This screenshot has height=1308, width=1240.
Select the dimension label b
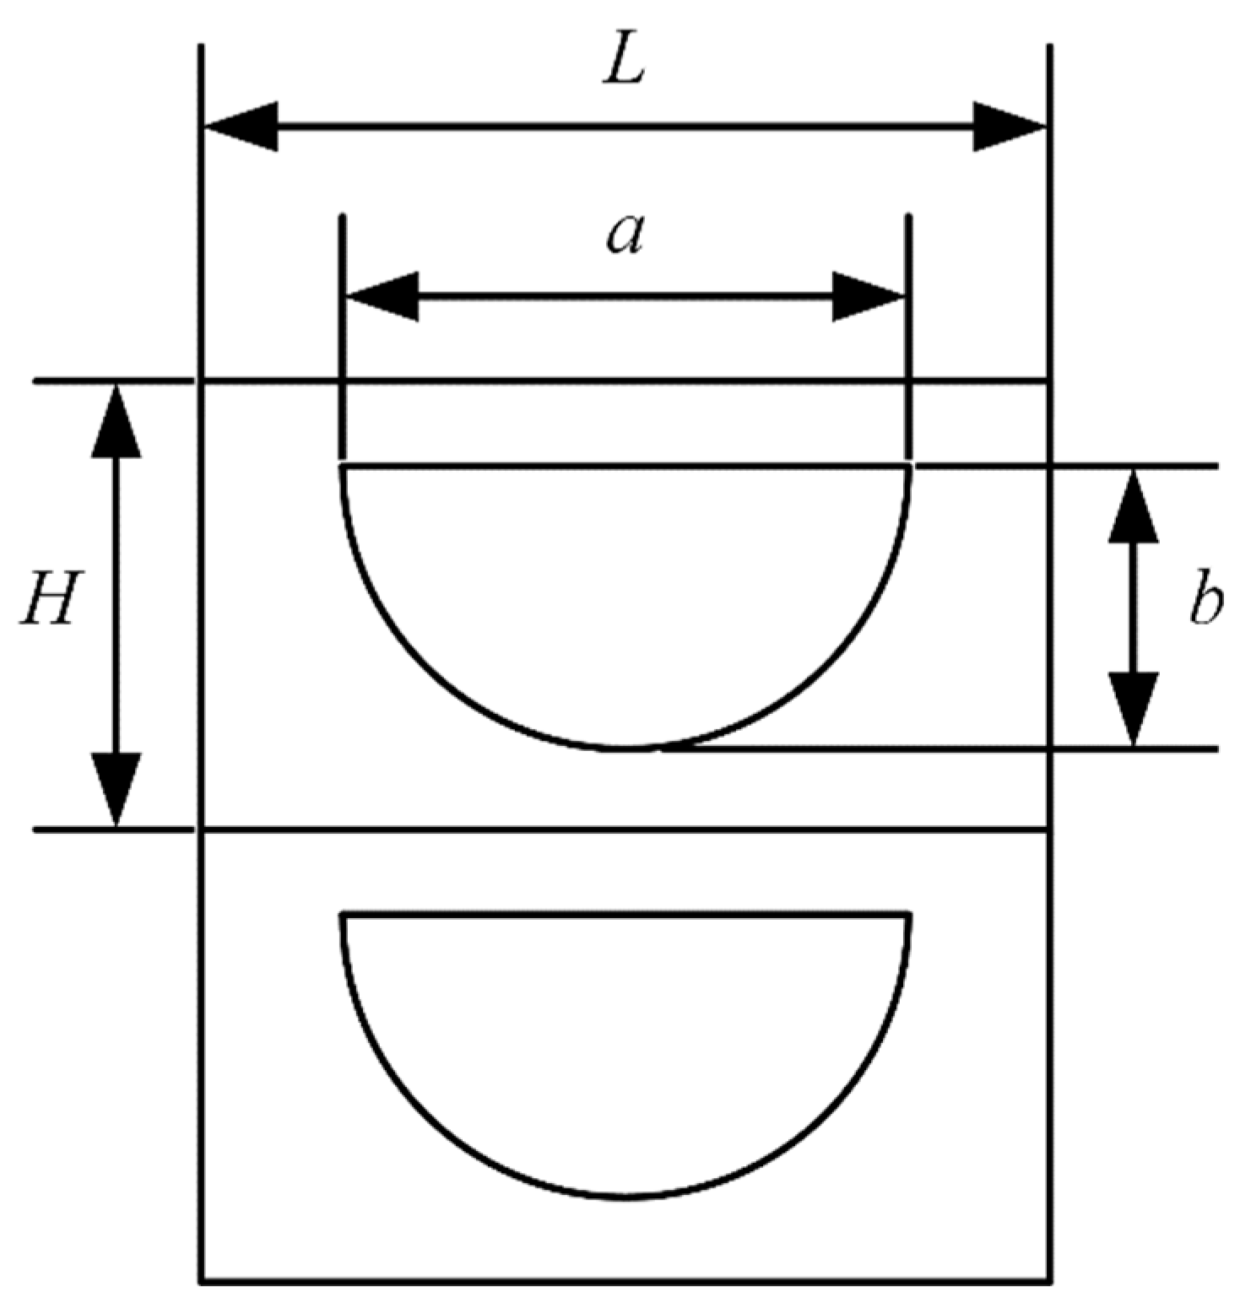(x=1205, y=602)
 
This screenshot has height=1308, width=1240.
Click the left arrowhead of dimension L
(x=241, y=127)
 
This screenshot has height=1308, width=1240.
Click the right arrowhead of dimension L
(x=1010, y=127)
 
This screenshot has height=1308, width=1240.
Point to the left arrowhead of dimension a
(x=382, y=296)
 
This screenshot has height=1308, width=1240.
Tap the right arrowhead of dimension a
(x=869, y=296)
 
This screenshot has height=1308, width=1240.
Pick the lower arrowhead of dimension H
(x=116, y=789)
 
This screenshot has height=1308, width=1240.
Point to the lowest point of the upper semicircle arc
(x=625, y=748)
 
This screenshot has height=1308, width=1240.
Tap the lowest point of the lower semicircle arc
(x=625, y=1196)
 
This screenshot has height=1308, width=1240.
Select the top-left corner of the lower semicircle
(x=342, y=914)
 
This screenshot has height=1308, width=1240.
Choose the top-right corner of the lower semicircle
(x=908, y=914)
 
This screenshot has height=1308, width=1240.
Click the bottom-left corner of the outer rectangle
(x=202, y=1284)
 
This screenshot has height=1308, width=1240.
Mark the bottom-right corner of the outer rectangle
(x=1049, y=1284)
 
